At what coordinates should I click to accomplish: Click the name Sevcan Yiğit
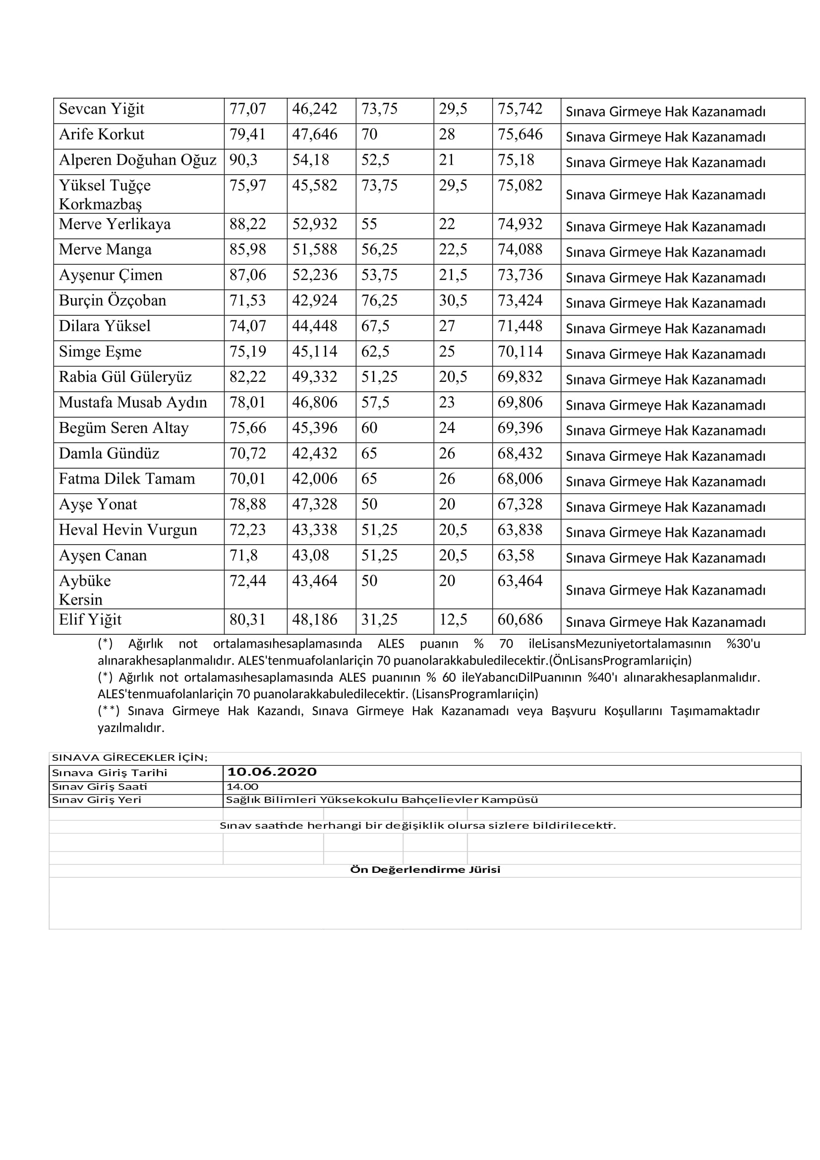point(102,109)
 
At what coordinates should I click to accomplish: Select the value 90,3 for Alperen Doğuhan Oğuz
point(243,160)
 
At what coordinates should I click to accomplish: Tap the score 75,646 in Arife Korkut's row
point(520,134)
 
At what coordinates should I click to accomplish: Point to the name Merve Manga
point(105,249)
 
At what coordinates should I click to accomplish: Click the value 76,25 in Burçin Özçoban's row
point(379,301)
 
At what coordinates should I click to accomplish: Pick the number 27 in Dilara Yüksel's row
point(447,326)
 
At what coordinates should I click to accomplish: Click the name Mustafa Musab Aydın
point(133,403)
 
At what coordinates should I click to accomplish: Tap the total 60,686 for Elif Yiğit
point(520,620)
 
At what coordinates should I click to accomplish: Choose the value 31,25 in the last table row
point(379,620)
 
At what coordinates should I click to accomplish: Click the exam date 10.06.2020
point(272,773)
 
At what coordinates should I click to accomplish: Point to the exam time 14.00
point(242,787)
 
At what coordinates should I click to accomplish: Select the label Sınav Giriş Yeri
point(97,800)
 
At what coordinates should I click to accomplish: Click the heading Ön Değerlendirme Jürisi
point(425,870)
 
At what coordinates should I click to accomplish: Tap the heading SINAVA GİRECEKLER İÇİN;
point(130,758)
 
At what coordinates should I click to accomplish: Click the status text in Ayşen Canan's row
point(665,558)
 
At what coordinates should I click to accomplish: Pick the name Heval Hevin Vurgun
point(128,530)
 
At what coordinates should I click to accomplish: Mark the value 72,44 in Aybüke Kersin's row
point(247,581)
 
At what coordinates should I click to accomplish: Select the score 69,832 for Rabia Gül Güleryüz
point(520,377)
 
